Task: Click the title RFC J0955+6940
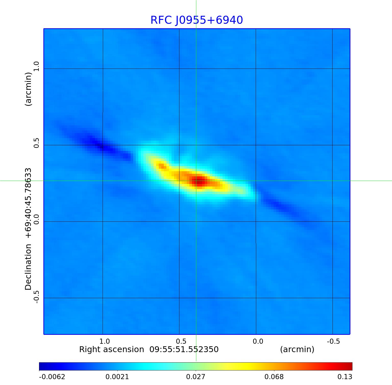pos(196,20)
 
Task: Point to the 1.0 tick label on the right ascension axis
pos(104,341)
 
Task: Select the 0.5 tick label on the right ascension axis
pos(181,341)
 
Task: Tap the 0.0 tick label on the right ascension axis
pos(258,341)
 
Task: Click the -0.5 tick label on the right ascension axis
pos(333,341)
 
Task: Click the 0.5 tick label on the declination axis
pos(36,143)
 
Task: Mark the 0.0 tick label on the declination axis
pos(36,219)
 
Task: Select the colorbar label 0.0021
pos(118,377)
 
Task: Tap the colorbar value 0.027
pos(195,377)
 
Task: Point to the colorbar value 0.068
pos(274,377)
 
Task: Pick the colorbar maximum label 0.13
pos(345,377)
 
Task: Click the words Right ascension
pos(112,349)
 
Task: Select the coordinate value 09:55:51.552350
pos(184,349)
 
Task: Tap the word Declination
pos(28,267)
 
